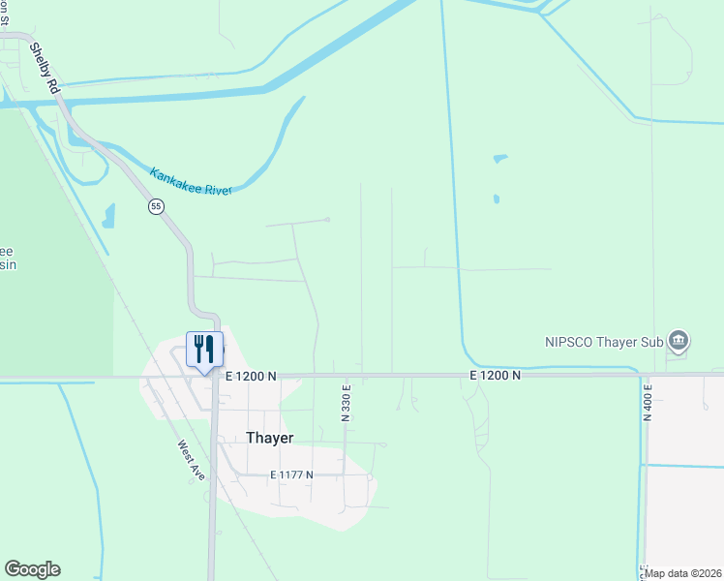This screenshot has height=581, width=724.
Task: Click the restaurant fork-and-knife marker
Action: [x=204, y=349]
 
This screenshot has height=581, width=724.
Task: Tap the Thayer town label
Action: [x=269, y=438]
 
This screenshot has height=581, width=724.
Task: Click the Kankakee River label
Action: [x=191, y=181]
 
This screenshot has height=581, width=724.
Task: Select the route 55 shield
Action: [x=156, y=206]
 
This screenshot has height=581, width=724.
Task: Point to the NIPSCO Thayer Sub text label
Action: [x=602, y=340]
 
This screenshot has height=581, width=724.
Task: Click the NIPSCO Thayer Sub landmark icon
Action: [x=679, y=340]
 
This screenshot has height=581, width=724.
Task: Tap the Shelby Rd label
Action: [x=45, y=68]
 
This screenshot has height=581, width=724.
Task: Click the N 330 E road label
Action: [x=346, y=403]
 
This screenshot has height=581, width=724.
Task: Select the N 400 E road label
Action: [x=648, y=399]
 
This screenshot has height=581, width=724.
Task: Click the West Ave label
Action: [x=191, y=462]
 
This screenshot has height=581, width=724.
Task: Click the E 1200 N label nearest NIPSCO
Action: [x=496, y=375]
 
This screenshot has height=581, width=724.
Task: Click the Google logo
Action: [x=32, y=569]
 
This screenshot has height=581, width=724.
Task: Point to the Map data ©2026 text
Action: [x=683, y=573]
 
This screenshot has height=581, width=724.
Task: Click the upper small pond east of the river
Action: [x=499, y=158]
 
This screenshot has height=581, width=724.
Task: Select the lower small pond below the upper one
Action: [x=497, y=199]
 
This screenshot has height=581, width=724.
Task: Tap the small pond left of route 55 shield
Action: [x=108, y=215]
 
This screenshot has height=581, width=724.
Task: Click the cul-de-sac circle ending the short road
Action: [x=327, y=220]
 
